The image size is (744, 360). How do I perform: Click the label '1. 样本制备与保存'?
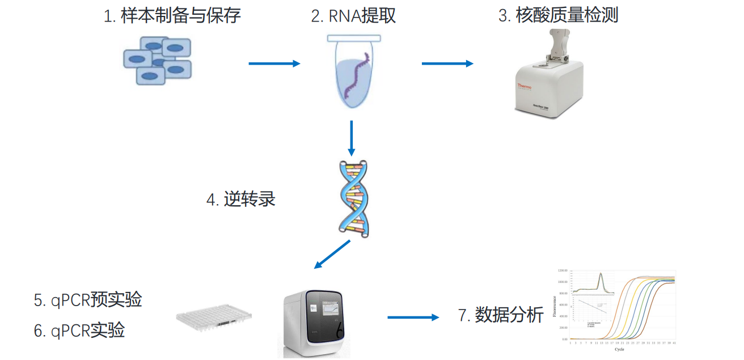click(172, 15)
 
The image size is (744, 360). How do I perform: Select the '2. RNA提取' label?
click(353, 15)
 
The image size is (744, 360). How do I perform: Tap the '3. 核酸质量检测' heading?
click(558, 15)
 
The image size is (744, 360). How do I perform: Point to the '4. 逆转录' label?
click(241, 200)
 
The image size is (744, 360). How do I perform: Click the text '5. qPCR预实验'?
click(88, 299)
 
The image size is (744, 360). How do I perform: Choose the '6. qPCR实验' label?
click(79, 330)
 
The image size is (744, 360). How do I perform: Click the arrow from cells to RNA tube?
click(274, 63)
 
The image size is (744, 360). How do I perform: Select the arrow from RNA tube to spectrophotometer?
click(447, 63)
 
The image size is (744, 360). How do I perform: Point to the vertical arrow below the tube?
click(352, 138)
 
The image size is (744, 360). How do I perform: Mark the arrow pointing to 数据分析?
click(413, 317)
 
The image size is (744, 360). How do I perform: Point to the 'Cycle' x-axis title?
click(619, 349)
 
